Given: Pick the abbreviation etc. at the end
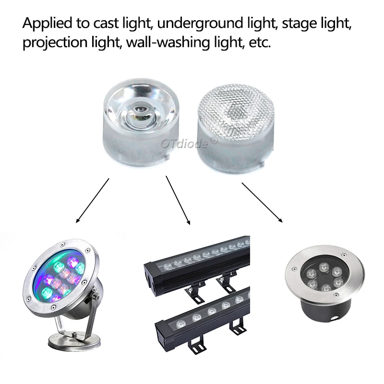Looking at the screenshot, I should (260, 43).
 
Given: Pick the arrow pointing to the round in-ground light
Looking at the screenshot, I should (262, 202).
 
